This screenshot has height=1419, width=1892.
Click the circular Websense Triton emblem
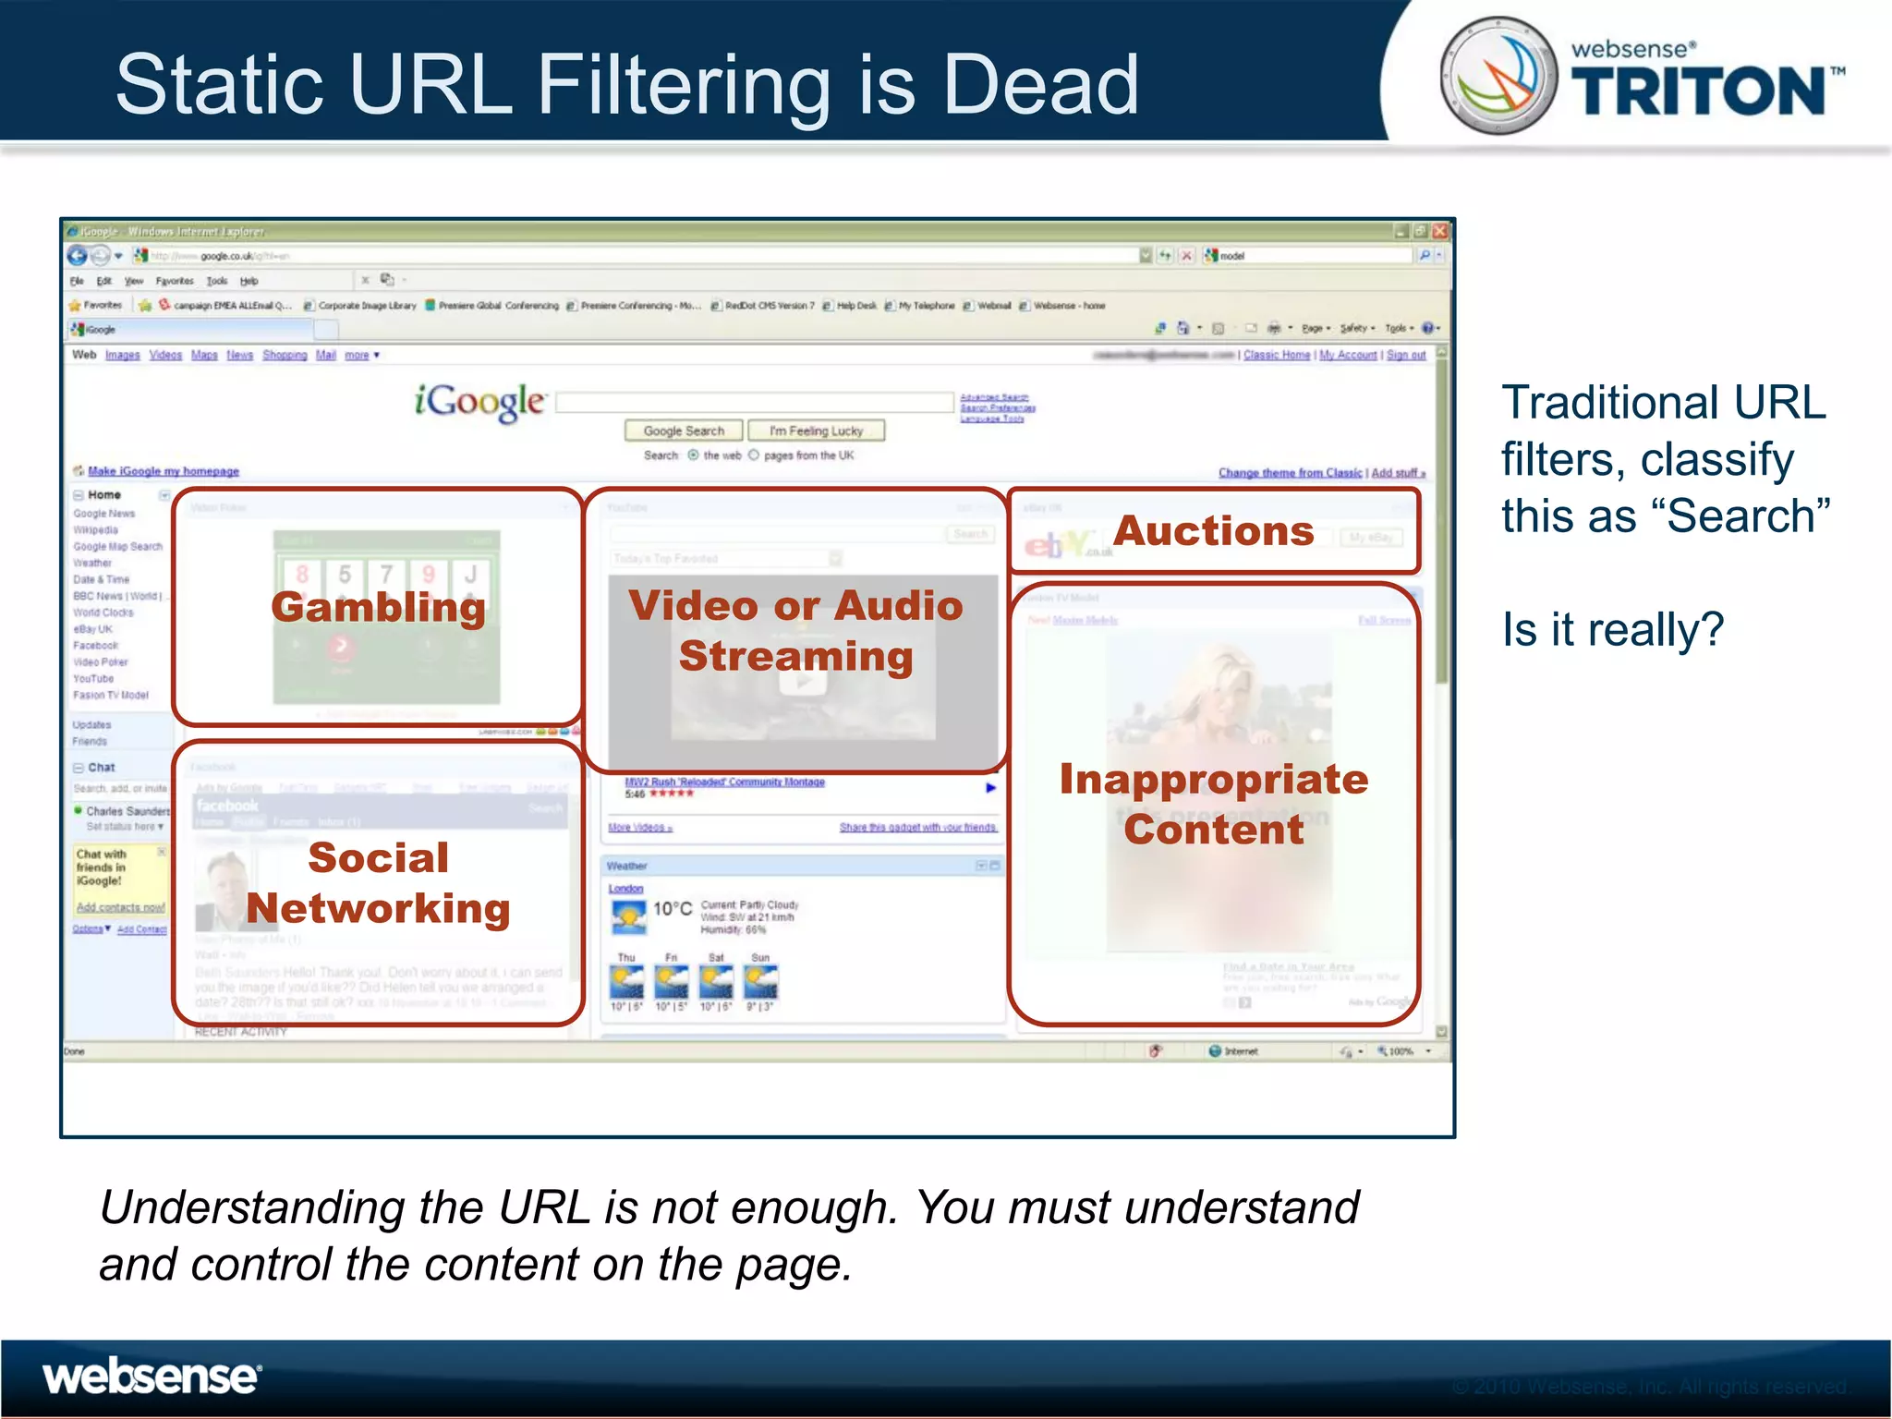tap(1498, 76)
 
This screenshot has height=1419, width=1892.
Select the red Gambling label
tap(378, 607)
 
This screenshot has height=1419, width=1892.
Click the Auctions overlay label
tap(1214, 531)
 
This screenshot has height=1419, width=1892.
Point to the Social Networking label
tap(378, 883)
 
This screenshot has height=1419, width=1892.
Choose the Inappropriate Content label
tap(1214, 804)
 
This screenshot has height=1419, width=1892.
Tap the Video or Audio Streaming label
tap(795, 630)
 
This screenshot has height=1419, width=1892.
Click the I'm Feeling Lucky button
tap(816, 431)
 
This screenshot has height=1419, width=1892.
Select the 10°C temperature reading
tap(672, 909)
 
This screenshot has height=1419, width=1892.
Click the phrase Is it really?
tap(1612, 630)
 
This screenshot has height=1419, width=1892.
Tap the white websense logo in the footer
tap(152, 1377)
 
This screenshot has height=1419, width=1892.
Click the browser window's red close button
tap(1439, 231)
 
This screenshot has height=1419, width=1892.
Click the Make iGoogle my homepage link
tap(163, 471)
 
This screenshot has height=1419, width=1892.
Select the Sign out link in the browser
tap(1405, 355)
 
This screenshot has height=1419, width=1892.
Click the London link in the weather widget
tap(625, 889)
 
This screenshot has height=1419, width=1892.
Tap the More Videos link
tap(639, 828)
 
